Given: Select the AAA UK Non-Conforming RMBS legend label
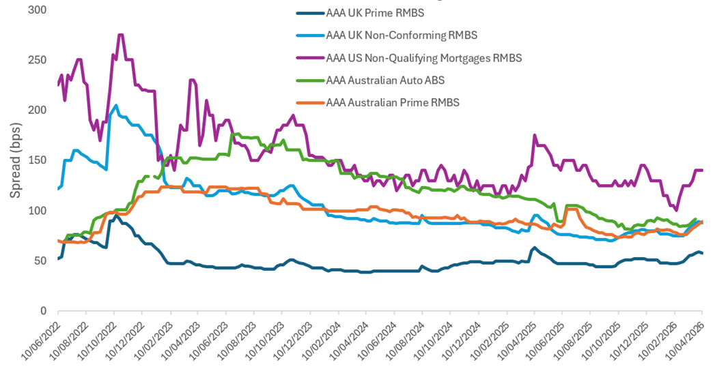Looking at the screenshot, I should pyautogui.click(x=401, y=35).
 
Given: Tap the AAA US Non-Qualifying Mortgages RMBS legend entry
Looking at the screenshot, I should pyautogui.click(x=423, y=58).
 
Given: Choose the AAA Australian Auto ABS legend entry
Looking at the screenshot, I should pyautogui.click(x=385, y=80).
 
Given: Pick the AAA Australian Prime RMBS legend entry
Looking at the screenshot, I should pyautogui.click(x=393, y=102).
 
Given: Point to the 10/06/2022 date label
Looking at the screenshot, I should pyautogui.click(x=41, y=341).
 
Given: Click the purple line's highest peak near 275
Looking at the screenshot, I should pyautogui.click(x=121, y=35).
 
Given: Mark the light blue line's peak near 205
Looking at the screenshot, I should pyautogui.click(x=116, y=105).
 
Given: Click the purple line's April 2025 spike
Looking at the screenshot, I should pyautogui.click(x=535, y=135).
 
